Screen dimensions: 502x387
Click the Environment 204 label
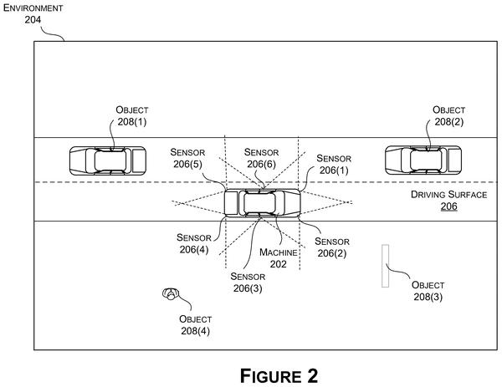[33, 13]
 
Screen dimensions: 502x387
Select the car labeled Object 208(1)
[108, 160]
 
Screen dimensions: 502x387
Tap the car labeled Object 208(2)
[423, 160]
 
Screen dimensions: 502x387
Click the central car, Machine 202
[262, 203]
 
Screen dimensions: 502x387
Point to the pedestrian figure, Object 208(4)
[171, 293]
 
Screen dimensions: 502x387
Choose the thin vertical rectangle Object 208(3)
[385, 266]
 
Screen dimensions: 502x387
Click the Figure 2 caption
[279, 376]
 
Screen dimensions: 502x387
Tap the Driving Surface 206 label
[448, 201]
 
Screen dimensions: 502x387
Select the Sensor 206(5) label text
[187, 158]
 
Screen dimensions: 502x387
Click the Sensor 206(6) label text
[261, 158]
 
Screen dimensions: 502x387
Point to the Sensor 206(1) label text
[334, 164]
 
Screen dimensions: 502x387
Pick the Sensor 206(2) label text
[332, 247]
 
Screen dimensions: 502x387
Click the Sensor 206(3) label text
[248, 283]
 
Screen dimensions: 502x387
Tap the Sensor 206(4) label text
[194, 243]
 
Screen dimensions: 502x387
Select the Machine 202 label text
[279, 258]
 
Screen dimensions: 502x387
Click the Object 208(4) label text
[195, 325]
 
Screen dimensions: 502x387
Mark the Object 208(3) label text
[428, 291]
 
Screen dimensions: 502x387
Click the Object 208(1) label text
[132, 116]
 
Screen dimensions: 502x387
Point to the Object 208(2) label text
[448, 116]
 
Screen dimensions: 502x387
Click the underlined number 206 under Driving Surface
[448, 206]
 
